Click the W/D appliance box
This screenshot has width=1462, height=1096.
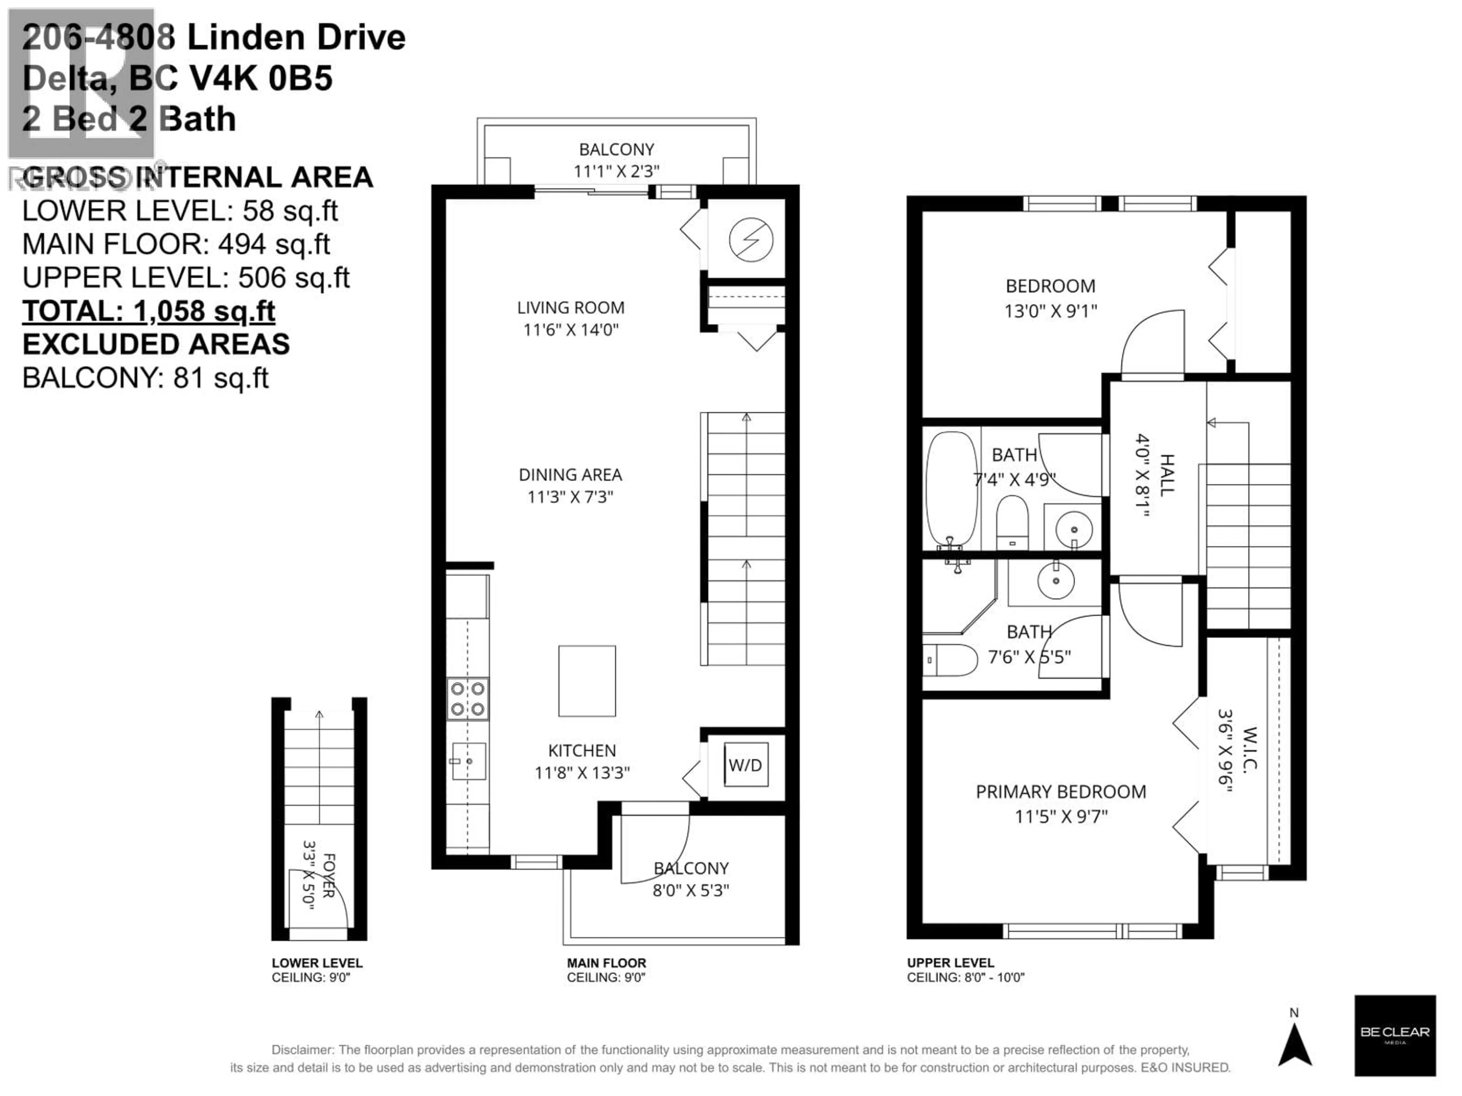[x=745, y=765]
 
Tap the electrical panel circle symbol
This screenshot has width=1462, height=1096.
[x=751, y=240]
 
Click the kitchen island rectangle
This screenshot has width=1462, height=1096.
[x=587, y=681]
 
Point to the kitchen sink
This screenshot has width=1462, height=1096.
[x=469, y=761]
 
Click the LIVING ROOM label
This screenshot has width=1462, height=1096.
[x=570, y=308]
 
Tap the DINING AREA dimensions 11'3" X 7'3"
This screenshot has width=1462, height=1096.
[x=570, y=496]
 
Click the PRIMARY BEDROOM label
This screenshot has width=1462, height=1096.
[x=1061, y=792]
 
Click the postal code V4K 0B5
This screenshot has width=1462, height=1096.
[x=261, y=79]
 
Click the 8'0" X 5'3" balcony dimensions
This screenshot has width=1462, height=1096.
[x=691, y=890]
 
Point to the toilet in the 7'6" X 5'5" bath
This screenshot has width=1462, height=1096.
[x=949, y=660]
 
